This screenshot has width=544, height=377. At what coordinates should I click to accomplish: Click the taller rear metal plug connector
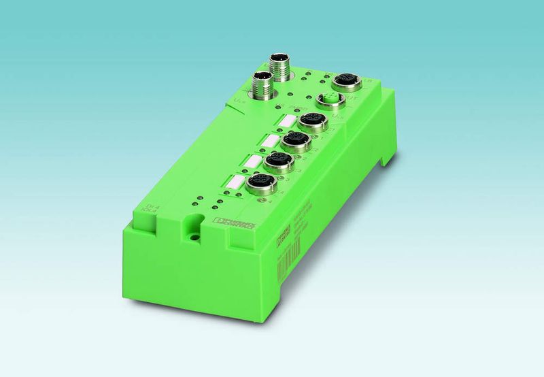click(x=278, y=66)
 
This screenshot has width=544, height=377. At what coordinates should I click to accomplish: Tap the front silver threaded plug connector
click(x=260, y=84)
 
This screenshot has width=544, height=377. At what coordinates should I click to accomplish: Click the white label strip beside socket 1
click(x=286, y=121)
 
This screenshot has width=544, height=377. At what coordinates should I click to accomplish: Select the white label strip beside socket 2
click(x=270, y=141)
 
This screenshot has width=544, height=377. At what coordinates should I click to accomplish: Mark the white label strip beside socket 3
click(x=252, y=161)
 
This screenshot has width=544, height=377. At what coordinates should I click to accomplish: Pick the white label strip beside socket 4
click(x=233, y=182)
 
